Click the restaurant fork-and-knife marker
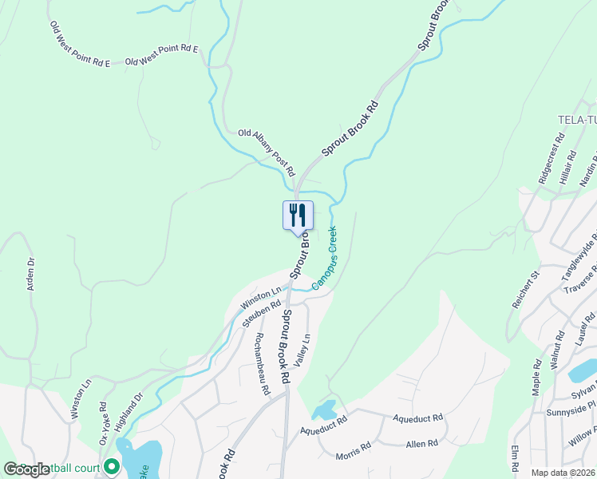[x=298, y=216]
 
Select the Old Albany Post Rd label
[x=267, y=153]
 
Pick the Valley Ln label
[x=302, y=350]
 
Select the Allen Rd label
[x=422, y=443]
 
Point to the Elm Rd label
[x=515, y=457]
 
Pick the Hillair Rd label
[x=568, y=168]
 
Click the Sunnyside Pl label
[x=571, y=417]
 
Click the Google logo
[x=26, y=469]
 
